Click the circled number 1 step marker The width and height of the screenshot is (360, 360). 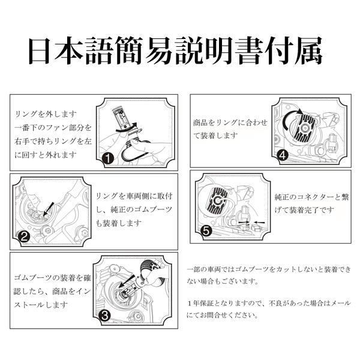pyautogui.click(x=107, y=158)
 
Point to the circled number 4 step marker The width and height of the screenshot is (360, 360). pyautogui.click(x=283, y=154)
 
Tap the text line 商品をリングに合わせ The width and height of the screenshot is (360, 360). pyautogui.click(x=230, y=122)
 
